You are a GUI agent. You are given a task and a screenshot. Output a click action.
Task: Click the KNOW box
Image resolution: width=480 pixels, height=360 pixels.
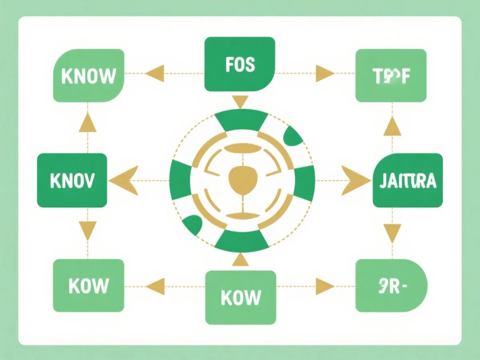pos(88,76)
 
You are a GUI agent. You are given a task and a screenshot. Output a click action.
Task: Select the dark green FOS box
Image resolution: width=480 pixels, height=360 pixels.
pos(240,64)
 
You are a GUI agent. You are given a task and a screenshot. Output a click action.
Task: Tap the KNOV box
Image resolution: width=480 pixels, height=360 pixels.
pos(72,180)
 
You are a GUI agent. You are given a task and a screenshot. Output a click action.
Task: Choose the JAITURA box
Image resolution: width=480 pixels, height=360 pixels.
pos(408,180)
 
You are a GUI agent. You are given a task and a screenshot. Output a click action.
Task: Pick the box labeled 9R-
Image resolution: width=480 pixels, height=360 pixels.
pos(391,286)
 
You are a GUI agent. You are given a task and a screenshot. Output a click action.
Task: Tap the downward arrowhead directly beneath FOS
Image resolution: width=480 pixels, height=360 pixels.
pos(240,102)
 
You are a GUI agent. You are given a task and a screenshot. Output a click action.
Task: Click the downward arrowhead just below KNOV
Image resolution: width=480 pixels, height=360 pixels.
pos(88,230)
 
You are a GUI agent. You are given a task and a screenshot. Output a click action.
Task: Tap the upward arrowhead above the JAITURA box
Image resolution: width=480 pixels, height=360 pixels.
pos(392,127)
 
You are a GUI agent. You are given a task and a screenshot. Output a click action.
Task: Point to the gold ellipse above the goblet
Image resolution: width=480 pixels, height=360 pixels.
pos(240,149)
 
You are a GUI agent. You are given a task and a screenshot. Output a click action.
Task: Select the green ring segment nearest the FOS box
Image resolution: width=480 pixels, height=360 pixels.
pos(241,121)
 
